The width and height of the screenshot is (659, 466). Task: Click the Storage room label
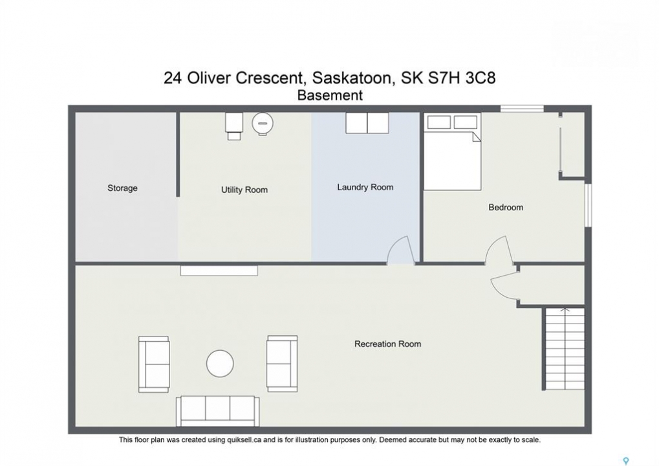(122, 188)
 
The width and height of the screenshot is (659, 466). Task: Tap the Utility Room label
(244, 190)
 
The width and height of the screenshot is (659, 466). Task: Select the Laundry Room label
(365, 187)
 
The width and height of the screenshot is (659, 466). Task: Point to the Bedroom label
(506, 207)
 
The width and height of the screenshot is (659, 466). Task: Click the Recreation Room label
(387, 344)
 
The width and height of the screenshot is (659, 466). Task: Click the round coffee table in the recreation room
(220, 363)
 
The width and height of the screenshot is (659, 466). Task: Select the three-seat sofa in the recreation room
(218, 411)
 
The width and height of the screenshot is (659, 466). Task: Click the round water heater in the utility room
(263, 123)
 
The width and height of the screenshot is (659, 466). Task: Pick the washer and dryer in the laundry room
(367, 123)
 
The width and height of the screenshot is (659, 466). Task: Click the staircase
(565, 349)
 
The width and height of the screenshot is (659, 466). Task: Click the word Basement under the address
(330, 96)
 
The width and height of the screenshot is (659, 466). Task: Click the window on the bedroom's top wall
(522, 109)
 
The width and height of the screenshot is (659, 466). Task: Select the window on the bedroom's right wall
(589, 205)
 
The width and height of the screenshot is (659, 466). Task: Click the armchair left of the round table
(155, 364)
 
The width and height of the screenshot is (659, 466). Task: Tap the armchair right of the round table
(282, 364)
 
